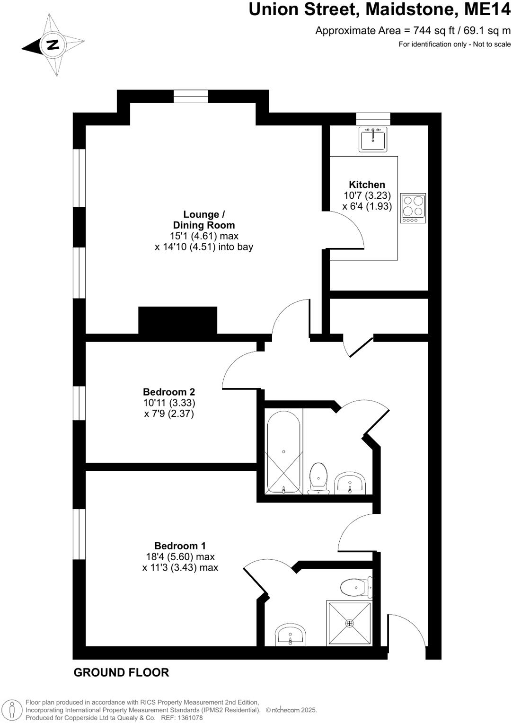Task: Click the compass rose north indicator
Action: point(53,45)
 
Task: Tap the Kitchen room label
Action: point(367,185)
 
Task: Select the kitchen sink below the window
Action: point(373,139)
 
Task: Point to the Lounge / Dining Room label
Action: point(204,220)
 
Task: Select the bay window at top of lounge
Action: point(191,97)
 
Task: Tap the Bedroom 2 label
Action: point(169,392)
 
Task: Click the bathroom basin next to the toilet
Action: point(350,483)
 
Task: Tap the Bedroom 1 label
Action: point(180,546)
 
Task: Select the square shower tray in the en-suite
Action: point(349,623)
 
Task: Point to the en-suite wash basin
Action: point(291,635)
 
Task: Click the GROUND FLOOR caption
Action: point(121,672)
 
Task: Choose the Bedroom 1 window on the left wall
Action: point(79,534)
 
